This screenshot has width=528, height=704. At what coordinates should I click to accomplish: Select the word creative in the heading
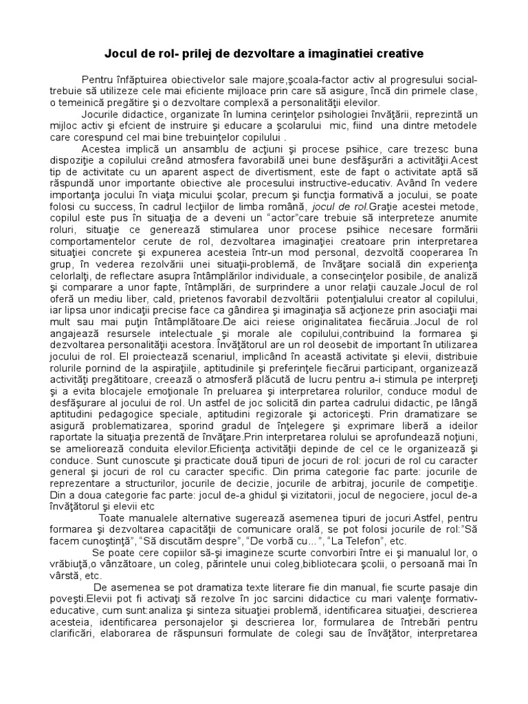point(393,53)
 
